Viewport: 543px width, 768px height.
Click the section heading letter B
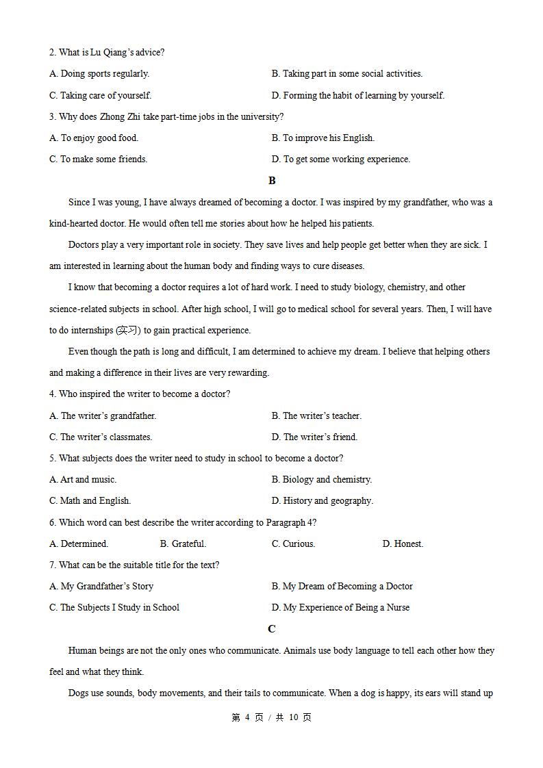point(272,181)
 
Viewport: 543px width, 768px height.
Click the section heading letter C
point(272,629)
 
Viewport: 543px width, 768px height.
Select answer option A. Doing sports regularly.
point(99,74)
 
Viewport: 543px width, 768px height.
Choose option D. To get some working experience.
point(340,159)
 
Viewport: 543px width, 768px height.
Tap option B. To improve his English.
point(323,138)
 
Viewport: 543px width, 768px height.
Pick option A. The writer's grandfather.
point(103,415)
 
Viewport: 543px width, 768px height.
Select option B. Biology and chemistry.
point(321,480)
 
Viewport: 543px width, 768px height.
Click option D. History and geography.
point(322,501)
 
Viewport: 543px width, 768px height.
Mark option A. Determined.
point(79,544)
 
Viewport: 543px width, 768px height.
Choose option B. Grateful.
point(183,544)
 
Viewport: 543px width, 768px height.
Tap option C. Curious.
point(293,544)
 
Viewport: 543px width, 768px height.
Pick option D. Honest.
point(403,544)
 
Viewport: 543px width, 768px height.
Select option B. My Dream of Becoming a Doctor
point(342,587)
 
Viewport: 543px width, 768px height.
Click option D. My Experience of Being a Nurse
point(340,608)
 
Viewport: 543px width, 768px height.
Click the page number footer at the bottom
point(271,717)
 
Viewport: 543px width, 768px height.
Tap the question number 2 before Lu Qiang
point(52,53)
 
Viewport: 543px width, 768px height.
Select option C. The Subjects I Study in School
point(114,608)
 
